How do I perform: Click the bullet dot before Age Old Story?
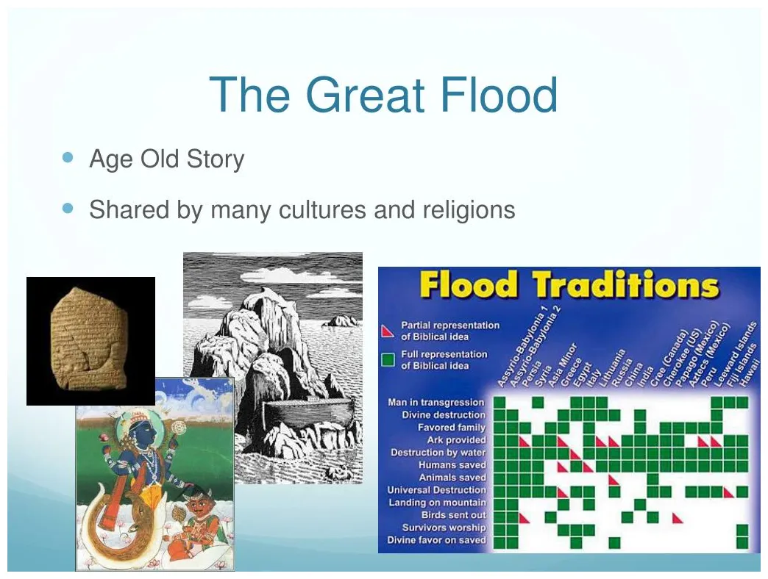coord(69,157)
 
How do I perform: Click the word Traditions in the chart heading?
coord(625,286)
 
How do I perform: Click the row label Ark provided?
coord(456,440)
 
